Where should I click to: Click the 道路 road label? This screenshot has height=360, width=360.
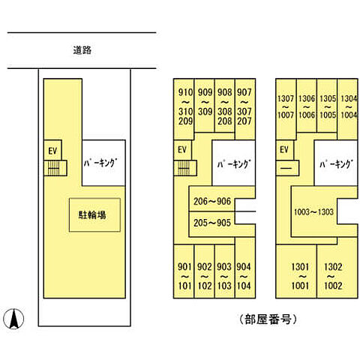point(82,50)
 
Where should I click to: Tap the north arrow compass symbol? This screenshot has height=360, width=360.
point(14,319)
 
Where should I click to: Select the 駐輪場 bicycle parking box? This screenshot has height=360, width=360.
point(94,215)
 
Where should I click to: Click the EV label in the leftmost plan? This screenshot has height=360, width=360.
point(52,151)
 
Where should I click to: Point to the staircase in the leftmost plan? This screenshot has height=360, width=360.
point(55,168)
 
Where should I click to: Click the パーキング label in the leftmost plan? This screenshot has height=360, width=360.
point(100,163)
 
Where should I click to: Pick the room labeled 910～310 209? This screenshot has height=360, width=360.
point(184,109)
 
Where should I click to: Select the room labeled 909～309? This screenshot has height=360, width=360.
point(205,106)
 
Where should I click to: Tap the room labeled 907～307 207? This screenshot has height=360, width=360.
point(245,109)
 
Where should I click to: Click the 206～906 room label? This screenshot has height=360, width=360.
point(212,201)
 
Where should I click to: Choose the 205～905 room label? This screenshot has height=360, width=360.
point(212,223)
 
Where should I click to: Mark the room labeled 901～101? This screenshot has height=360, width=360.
point(184,271)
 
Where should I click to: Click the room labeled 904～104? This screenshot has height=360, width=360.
point(245,268)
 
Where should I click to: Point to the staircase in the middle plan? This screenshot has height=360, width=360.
point(185,168)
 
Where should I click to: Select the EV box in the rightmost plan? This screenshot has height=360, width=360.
point(285,150)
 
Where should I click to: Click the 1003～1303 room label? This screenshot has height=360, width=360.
point(313,212)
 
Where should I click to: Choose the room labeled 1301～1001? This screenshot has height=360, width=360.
point(296,271)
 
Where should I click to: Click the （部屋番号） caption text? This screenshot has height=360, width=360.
point(268,319)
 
